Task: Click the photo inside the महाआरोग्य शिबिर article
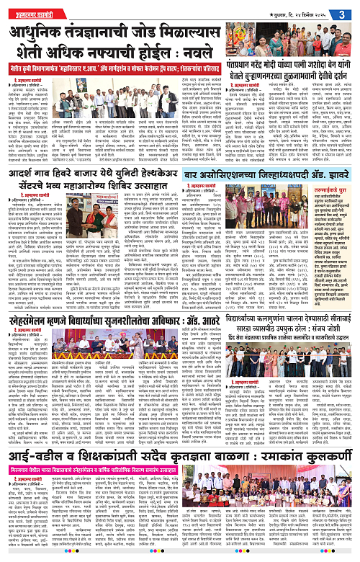(x=116, y=252)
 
